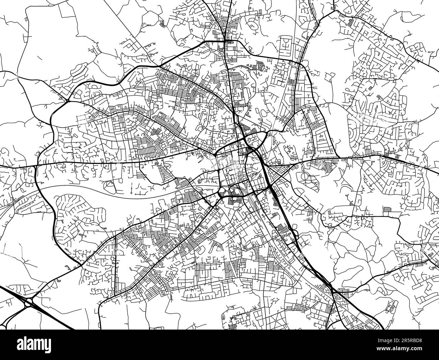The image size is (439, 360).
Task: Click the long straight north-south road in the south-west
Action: click(115, 264)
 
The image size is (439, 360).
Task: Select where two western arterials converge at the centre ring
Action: click(215, 155)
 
